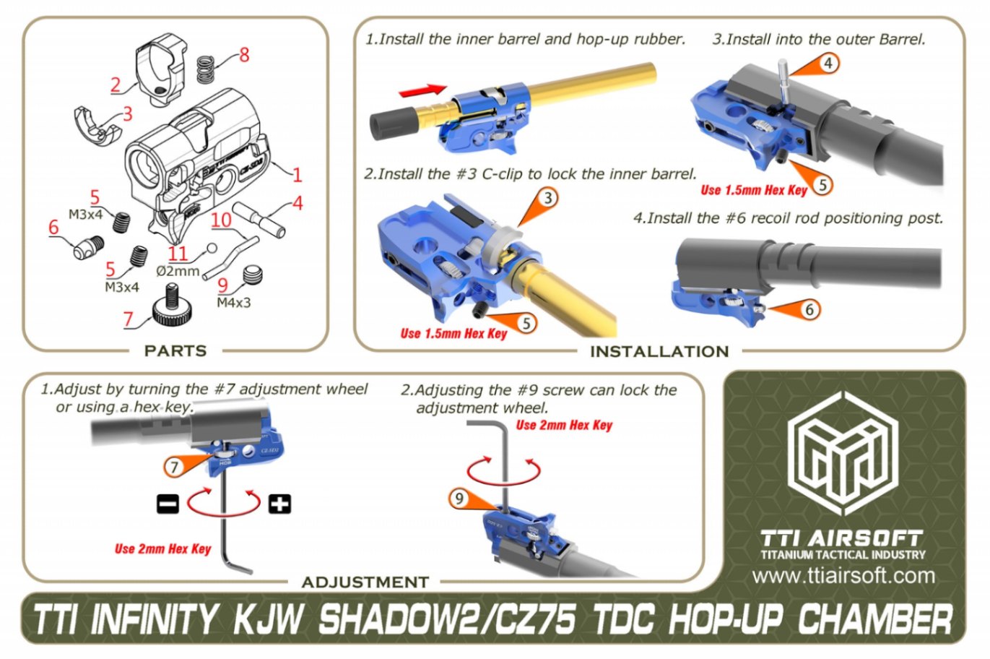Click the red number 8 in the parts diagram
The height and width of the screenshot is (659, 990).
pyautogui.click(x=244, y=55)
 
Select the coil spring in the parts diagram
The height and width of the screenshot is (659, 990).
pyautogui.click(x=207, y=70)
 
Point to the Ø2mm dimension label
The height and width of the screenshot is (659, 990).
pyautogui.click(x=178, y=271)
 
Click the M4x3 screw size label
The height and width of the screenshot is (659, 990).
pyautogui.click(x=233, y=303)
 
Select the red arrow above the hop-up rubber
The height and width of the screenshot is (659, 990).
pyautogui.click(x=423, y=90)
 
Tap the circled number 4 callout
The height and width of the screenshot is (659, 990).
pyautogui.click(x=828, y=64)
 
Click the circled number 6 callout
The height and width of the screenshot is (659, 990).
pyautogui.click(x=809, y=310)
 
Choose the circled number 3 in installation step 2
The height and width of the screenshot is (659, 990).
pyautogui.click(x=548, y=198)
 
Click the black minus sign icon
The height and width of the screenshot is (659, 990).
pyautogui.click(x=168, y=504)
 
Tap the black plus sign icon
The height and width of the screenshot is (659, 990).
pyautogui.click(x=279, y=504)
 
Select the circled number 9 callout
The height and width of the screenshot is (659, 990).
pyautogui.click(x=459, y=499)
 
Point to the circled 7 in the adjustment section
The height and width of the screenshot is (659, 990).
pyautogui.click(x=173, y=467)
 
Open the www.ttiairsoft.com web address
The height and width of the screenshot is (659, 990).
pyautogui.click(x=843, y=576)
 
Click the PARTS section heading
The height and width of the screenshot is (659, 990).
pyautogui.click(x=175, y=351)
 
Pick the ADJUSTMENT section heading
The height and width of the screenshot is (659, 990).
pyautogui.click(x=365, y=582)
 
